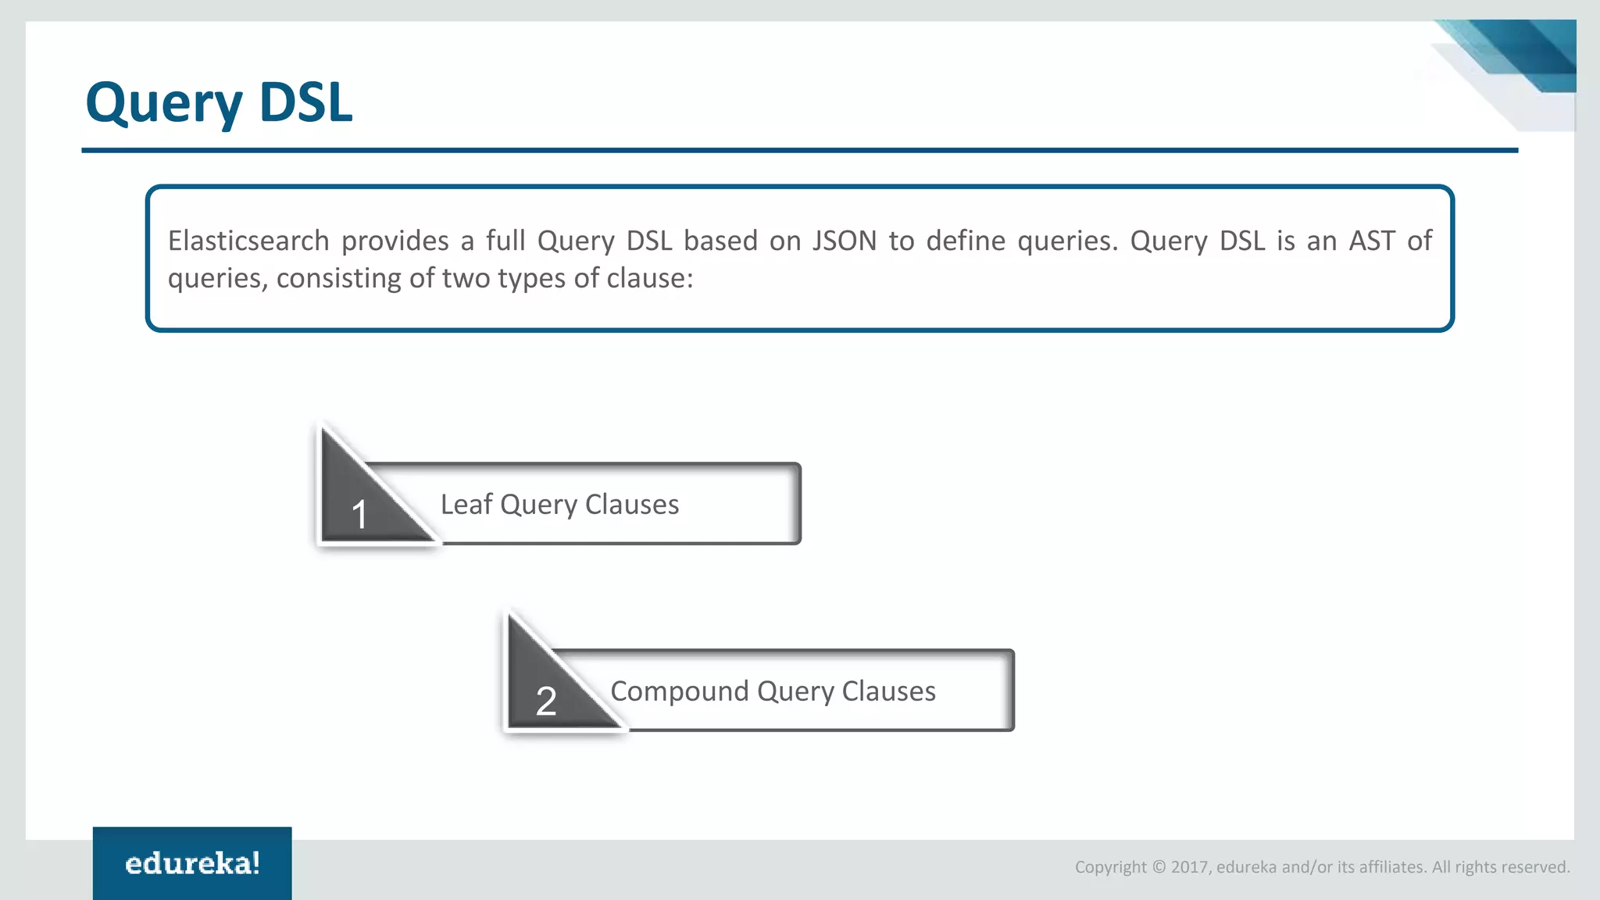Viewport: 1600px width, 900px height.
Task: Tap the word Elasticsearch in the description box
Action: coord(248,241)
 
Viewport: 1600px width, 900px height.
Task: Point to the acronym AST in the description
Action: coord(1372,241)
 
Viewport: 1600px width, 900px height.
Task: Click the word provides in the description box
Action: coord(395,241)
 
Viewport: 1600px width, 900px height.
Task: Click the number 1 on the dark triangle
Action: coord(359,515)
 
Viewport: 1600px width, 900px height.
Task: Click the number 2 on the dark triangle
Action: coord(546,701)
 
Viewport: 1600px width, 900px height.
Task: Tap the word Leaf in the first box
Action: coord(466,505)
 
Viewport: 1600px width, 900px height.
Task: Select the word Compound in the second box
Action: coord(679,691)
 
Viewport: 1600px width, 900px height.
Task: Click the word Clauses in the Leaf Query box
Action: coord(631,505)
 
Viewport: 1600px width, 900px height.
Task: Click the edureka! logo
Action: coord(192,864)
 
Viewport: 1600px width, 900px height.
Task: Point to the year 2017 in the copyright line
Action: coord(1189,867)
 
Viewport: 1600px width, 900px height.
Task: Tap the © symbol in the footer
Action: coord(1159,867)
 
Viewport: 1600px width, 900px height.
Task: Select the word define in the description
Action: coord(966,241)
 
